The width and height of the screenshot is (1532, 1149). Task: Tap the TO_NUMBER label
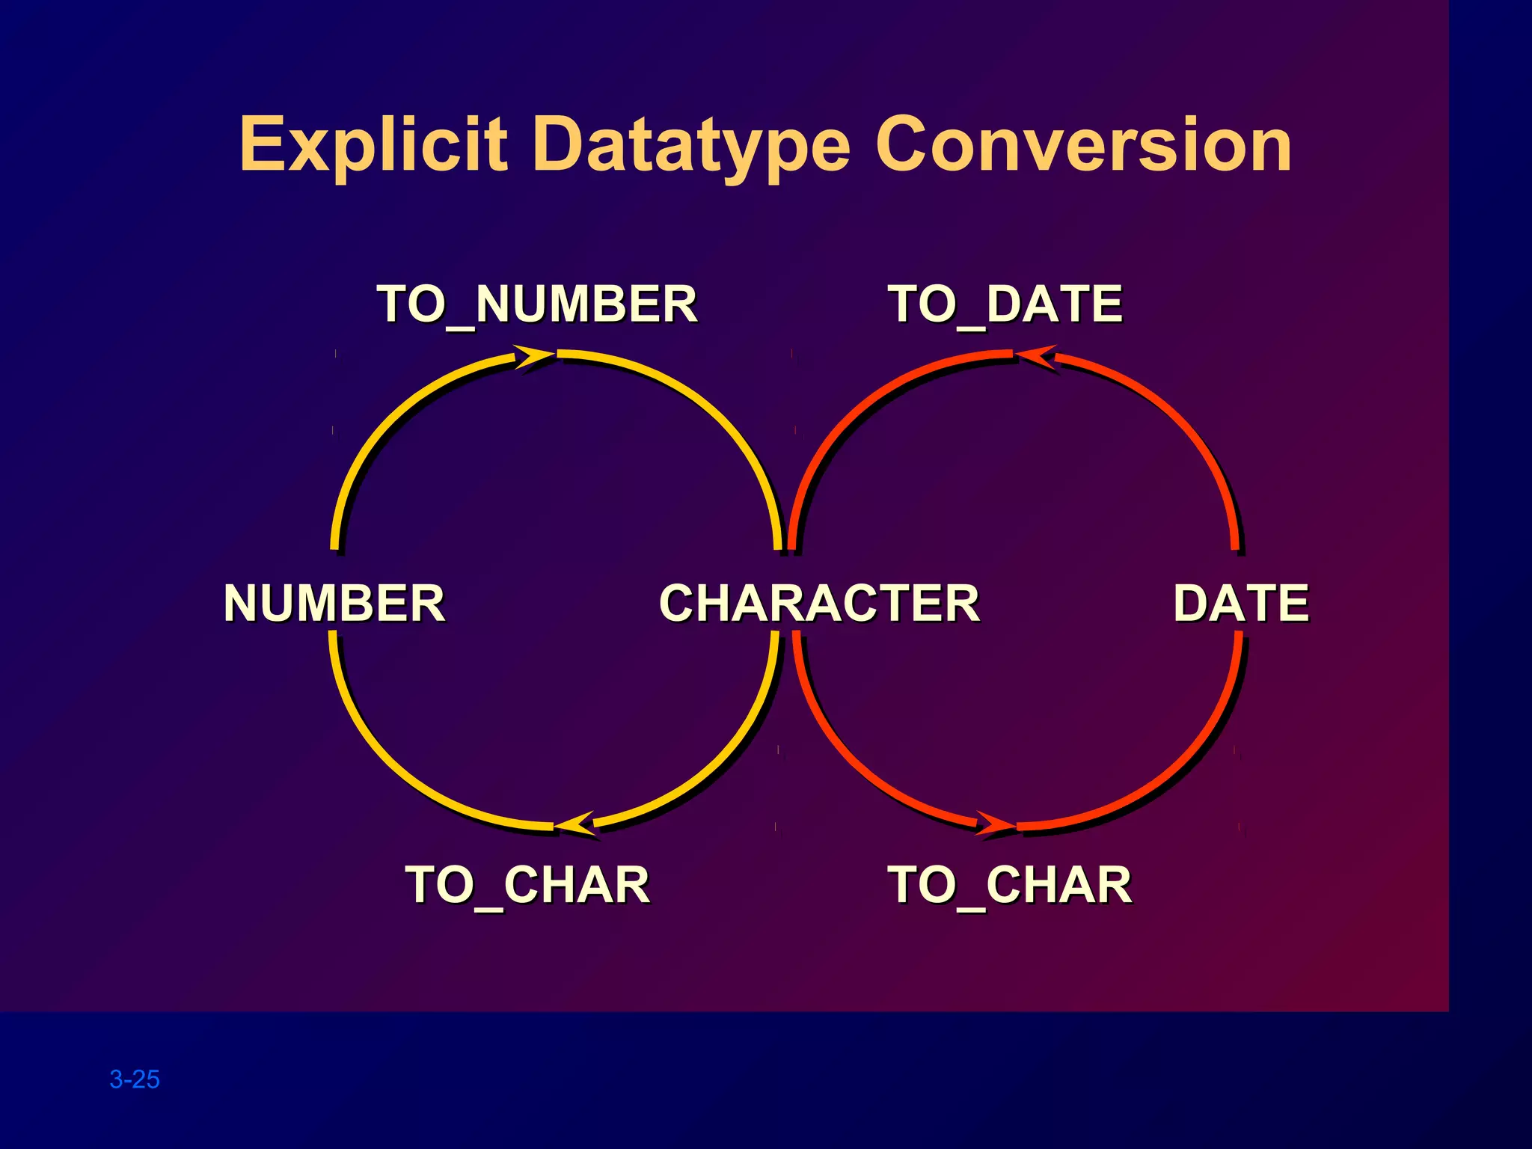tap(536, 304)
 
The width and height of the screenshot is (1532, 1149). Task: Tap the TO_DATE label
tap(1005, 304)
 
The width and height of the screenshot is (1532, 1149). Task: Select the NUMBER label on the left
tap(334, 603)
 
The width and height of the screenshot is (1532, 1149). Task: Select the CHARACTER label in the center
tap(819, 603)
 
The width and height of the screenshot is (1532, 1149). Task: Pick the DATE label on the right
tap(1241, 603)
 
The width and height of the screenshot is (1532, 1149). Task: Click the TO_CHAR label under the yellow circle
tap(527, 885)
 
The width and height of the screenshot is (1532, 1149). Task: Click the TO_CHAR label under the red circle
tap(1009, 885)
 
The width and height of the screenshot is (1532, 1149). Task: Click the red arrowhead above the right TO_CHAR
tap(995, 824)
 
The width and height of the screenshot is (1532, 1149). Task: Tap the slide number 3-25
tap(135, 1079)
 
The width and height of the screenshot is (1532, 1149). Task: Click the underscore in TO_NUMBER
tap(460, 327)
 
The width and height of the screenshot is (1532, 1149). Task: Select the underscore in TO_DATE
tap(971, 327)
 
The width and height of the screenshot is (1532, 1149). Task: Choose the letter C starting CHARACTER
tap(680, 603)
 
